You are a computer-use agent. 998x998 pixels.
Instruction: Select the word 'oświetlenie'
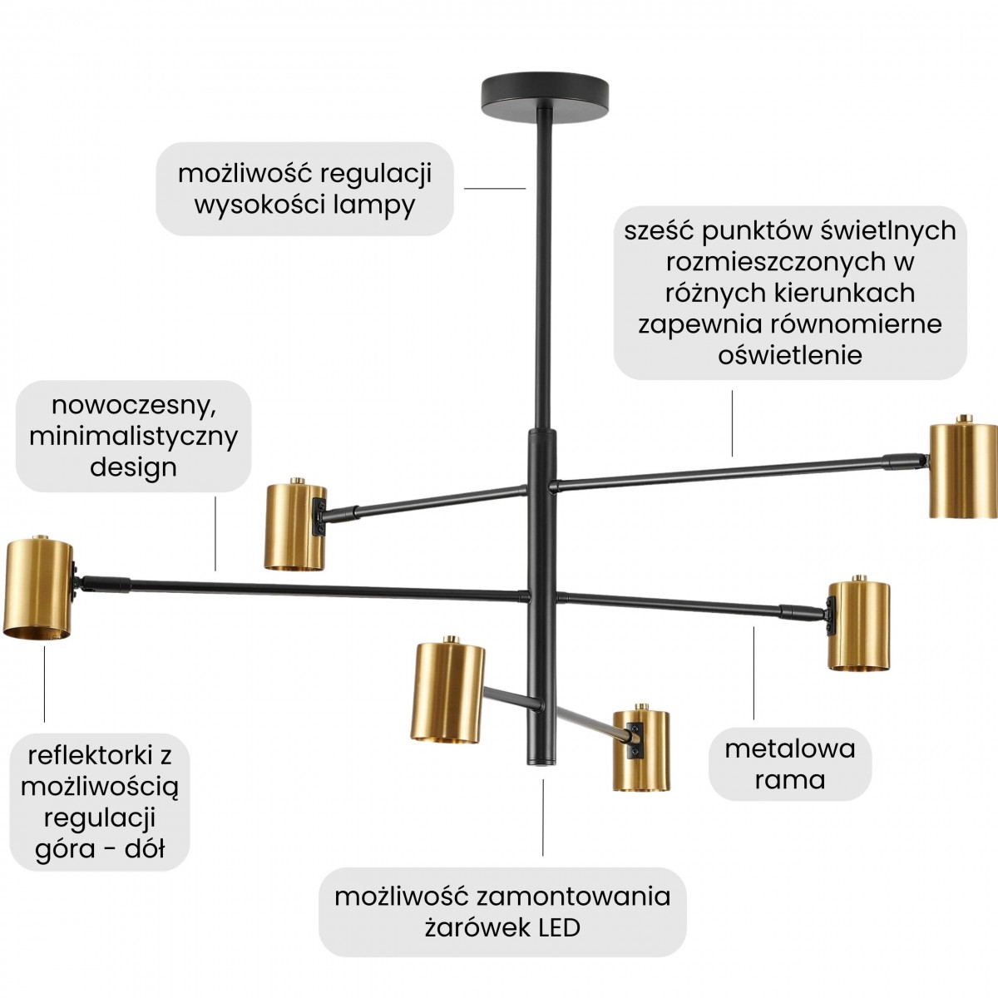click(790, 355)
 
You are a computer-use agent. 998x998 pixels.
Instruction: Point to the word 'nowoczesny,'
click(134, 405)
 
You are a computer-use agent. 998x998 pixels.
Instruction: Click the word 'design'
click(134, 467)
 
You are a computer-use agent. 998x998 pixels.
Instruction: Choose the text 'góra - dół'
click(100, 848)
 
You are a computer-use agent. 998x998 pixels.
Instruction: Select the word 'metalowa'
click(790, 748)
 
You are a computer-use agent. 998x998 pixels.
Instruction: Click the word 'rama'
click(790, 780)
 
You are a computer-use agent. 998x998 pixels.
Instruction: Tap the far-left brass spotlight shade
click(38, 589)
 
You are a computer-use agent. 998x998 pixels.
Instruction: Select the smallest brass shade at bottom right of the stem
click(641, 750)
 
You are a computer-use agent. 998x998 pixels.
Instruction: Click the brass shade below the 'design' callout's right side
click(294, 526)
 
